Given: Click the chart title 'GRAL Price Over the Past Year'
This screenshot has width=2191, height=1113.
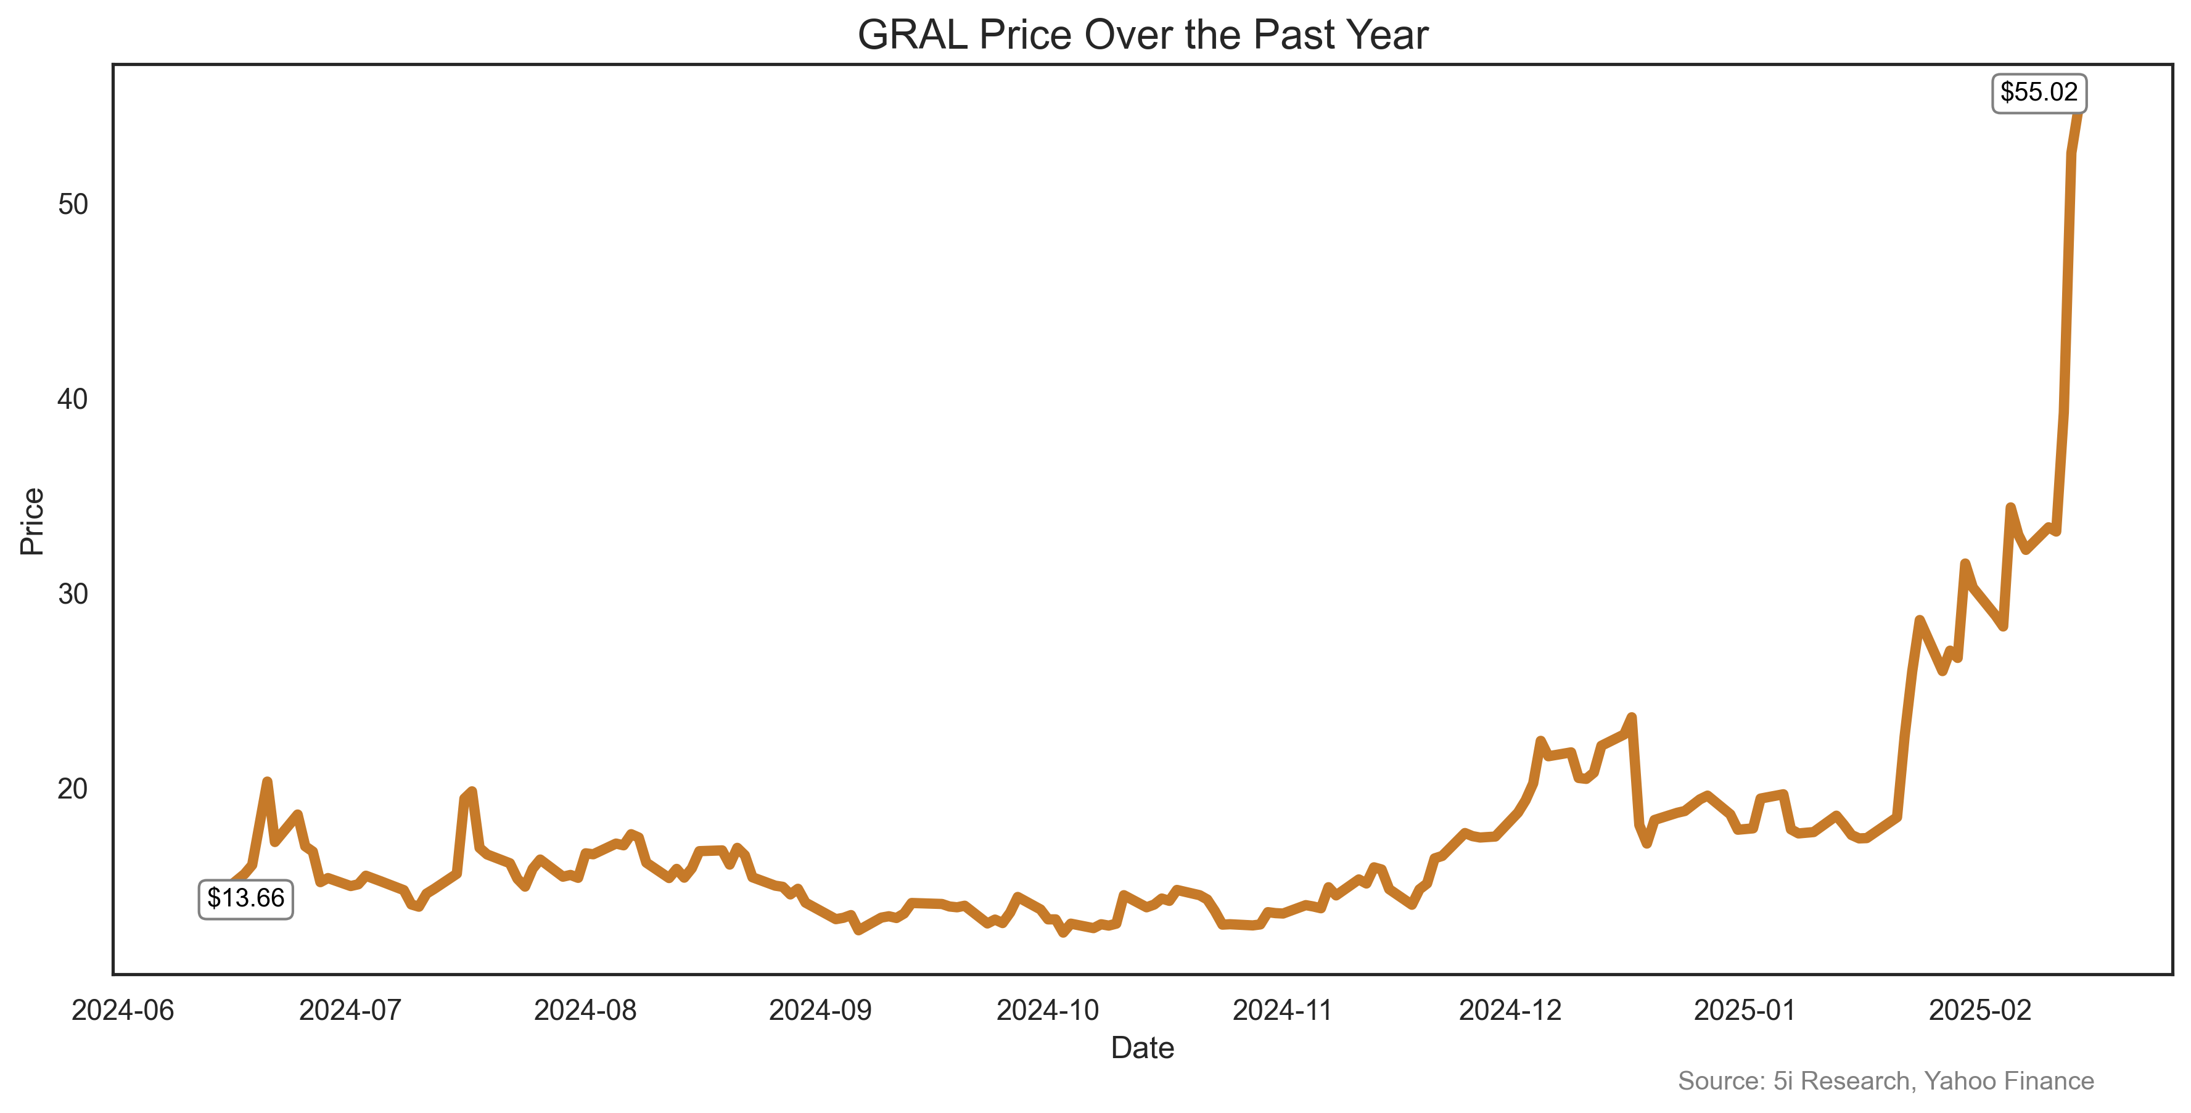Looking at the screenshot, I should point(1142,36).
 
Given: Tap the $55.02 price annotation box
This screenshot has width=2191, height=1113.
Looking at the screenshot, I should point(2038,92).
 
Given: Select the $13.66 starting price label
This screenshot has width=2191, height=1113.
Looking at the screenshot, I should point(246,899).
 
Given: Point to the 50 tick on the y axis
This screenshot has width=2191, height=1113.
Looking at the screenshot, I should point(73,204).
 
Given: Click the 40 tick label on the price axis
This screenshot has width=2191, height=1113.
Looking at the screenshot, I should point(73,399).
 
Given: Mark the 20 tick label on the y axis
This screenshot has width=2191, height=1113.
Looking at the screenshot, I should point(73,788).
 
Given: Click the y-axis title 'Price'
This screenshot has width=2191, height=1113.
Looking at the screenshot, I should point(32,521).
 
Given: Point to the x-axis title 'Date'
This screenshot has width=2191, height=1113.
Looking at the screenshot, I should point(1142,1048).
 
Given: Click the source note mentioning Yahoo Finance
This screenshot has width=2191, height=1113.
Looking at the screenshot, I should point(1886,1081).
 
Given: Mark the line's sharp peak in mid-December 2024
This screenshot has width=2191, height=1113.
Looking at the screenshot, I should point(1631,718).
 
